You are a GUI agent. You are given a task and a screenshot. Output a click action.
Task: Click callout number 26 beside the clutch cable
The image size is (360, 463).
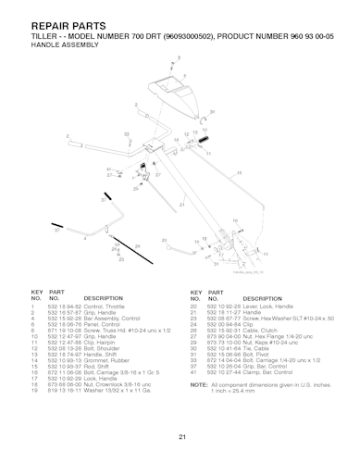tap(138, 246)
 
